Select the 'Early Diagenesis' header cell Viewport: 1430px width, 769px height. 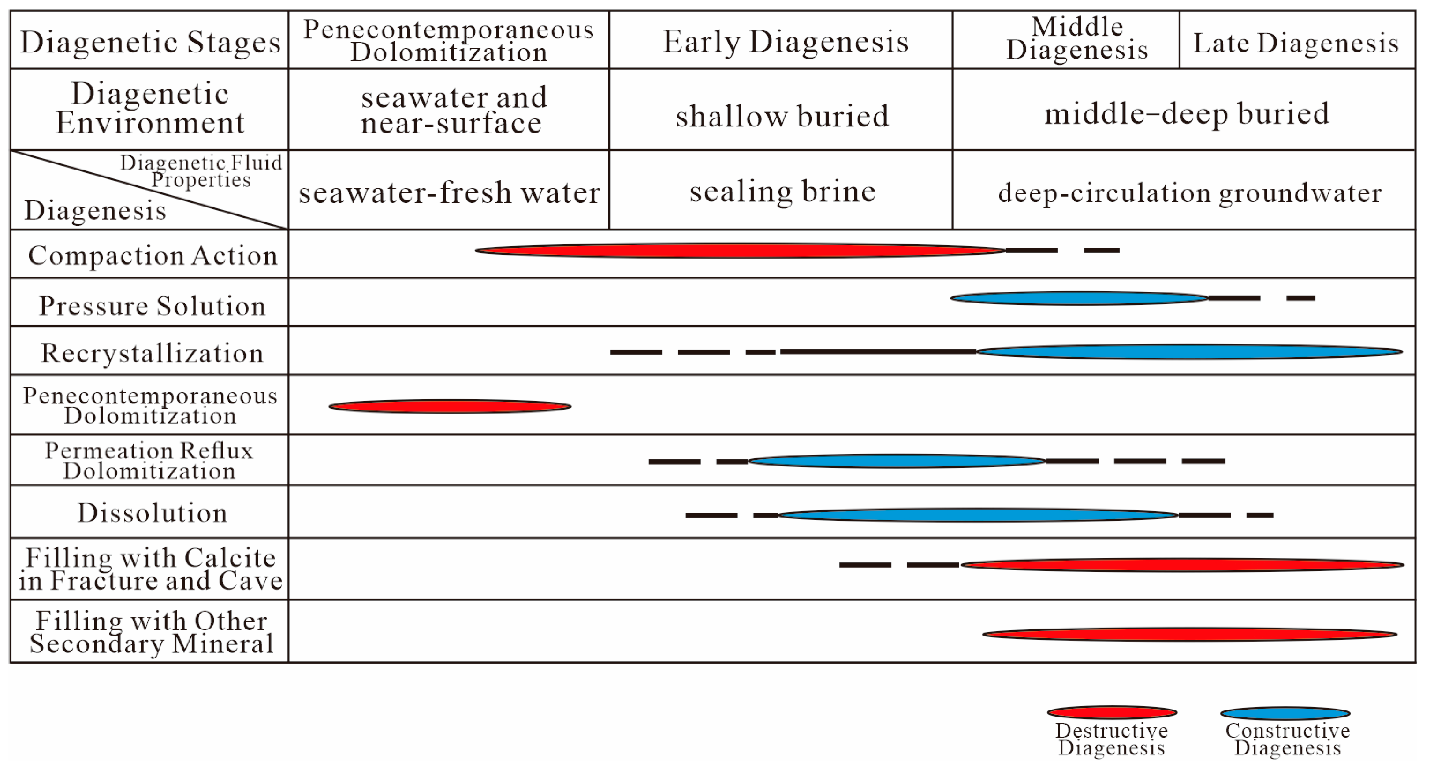pyautogui.click(x=786, y=41)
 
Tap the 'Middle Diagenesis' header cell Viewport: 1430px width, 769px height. pyautogui.click(x=1077, y=39)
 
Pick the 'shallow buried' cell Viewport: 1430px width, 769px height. pyautogui.click(x=782, y=115)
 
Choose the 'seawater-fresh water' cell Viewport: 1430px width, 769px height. pyautogui.click(x=449, y=192)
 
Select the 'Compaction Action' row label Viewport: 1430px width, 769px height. pyautogui.click(x=152, y=255)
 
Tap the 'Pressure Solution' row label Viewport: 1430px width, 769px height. pyautogui.click(x=152, y=305)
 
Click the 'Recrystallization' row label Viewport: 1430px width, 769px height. pyautogui.click(x=152, y=353)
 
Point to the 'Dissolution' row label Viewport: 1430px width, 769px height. pyautogui.click(x=152, y=513)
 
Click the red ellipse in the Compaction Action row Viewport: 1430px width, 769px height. pyautogui.click(x=740, y=251)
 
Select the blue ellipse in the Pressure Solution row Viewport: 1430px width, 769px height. pyautogui.click(x=1079, y=299)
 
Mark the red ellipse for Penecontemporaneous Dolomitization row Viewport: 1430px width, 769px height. pyautogui.click(x=450, y=407)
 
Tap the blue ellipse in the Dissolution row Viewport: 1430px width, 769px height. pyautogui.click(x=978, y=515)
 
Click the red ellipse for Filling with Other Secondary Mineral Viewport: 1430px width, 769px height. pyautogui.click(x=1189, y=634)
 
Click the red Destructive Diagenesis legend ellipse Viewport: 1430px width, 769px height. pyautogui.click(x=1112, y=713)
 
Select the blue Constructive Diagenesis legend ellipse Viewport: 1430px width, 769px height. pyautogui.click(x=1285, y=713)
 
